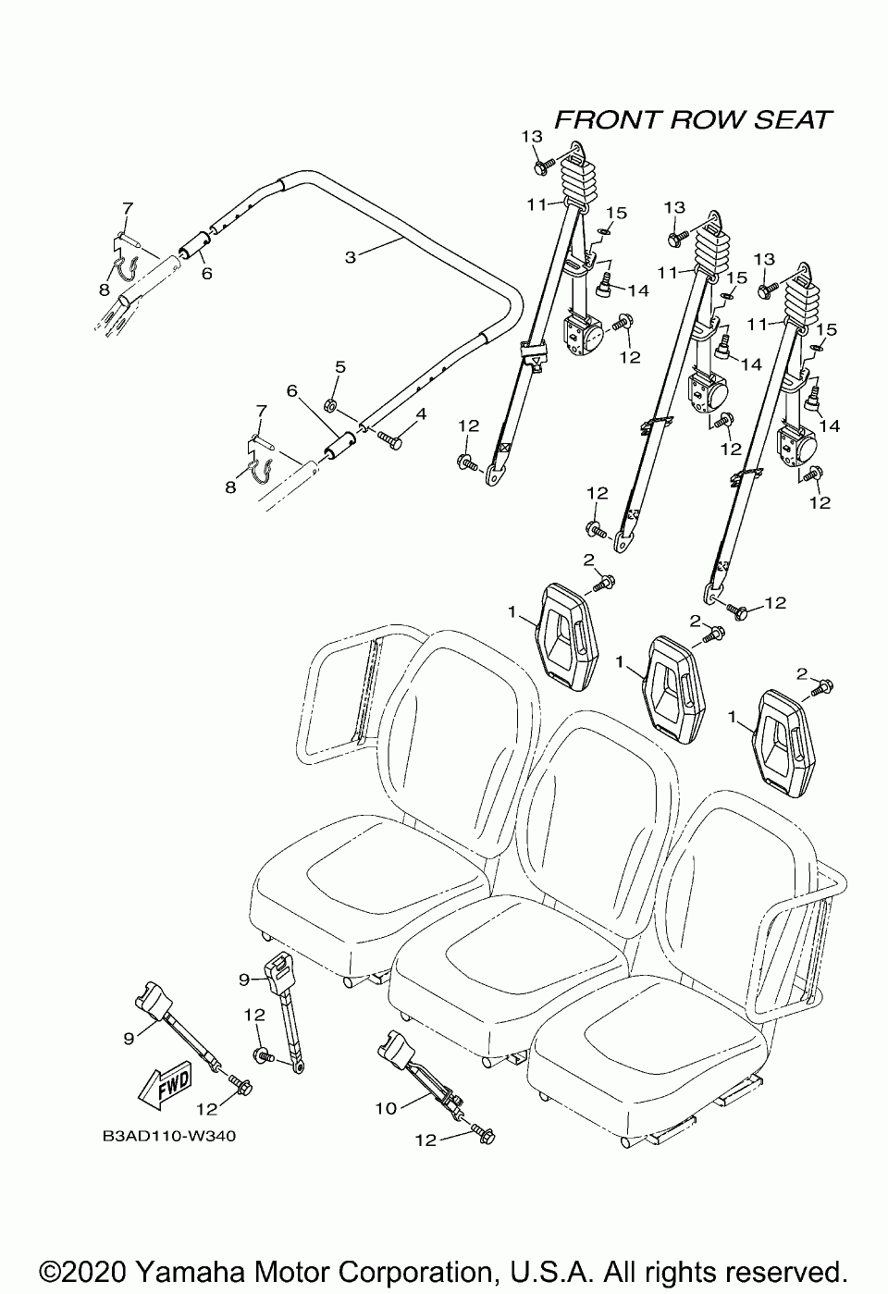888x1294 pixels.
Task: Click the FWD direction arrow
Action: click(x=166, y=1083)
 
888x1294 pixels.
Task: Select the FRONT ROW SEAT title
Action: click(x=693, y=120)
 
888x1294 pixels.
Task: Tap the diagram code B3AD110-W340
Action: click(x=170, y=1135)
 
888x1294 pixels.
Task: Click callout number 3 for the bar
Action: click(x=351, y=258)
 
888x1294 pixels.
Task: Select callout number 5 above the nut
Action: click(x=339, y=367)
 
